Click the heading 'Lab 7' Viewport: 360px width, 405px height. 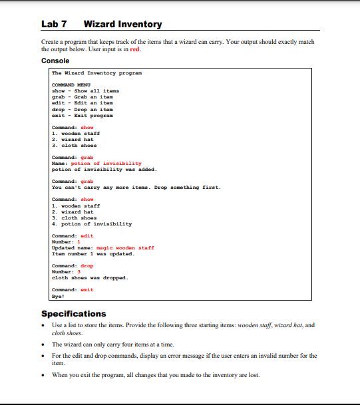pyautogui.click(x=54, y=25)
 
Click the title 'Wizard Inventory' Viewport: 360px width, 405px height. pyautogui.click(x=123, y=25)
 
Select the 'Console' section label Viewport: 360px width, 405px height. pyautogui.click(x=55, y=61)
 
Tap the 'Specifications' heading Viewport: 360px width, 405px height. pyautogui.click(x=73, y=314)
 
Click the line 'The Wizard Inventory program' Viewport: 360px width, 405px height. pyautogui.click(x=96, y=72)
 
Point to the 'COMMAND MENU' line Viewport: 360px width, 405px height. pyautogui.click(x=72, y=84)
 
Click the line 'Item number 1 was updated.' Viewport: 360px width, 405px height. pyautogui.click(x=93, y=253)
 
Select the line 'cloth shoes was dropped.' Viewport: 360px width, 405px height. pyautogui.click(x=90, y=277)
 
